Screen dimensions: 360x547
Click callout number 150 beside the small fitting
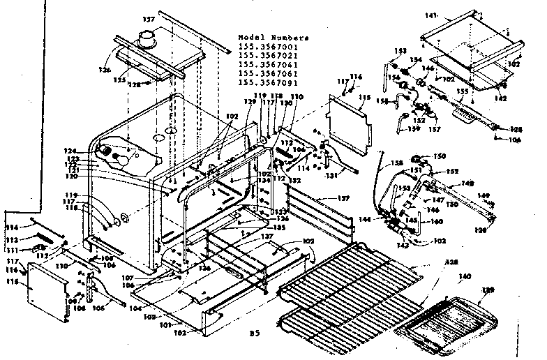pyautogui.click(x=440, y=156)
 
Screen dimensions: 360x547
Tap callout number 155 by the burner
pyautogui.click(x=461, y=91)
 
